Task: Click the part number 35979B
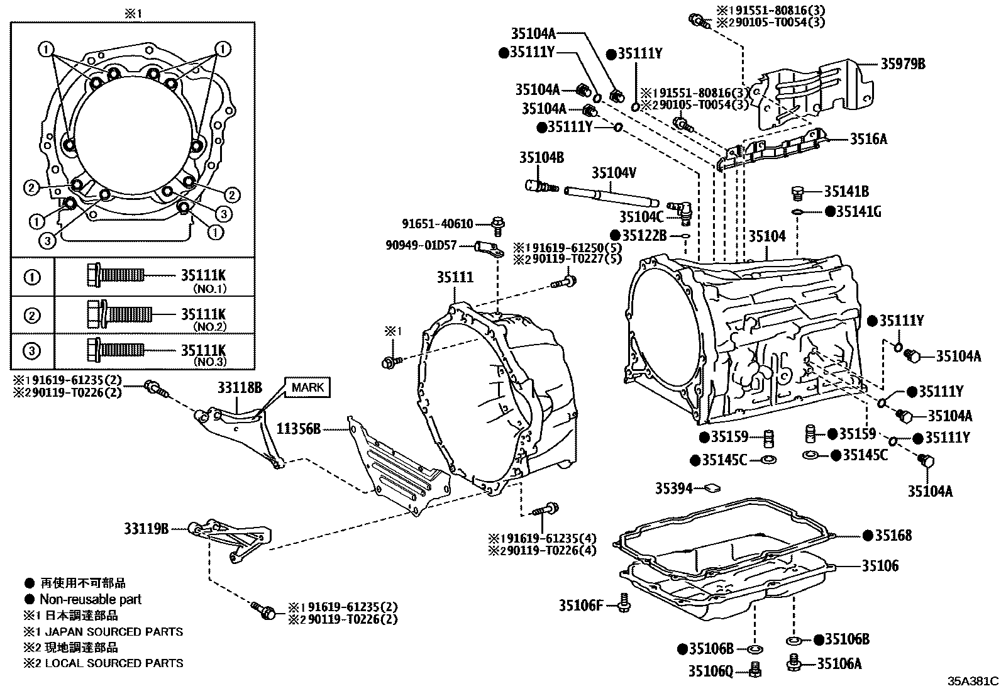click(x=902, y=64)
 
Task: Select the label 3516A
click(x=868, y=140)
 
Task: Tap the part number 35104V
click(x=614, y=172)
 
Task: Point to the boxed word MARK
click(x=308, y=387)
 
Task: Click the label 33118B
click(x=240, y=387)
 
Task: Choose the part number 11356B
click(x=299, y=429)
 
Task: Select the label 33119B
click(x=146, y=529)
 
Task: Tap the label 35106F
click(x=580, y=605)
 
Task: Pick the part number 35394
click(x=674, y=488)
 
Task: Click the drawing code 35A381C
click(x=973, y=681)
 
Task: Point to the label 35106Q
click(x=711, y=672)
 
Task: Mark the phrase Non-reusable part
click(x=91, y=599)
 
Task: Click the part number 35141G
click(x=858, y=212)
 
